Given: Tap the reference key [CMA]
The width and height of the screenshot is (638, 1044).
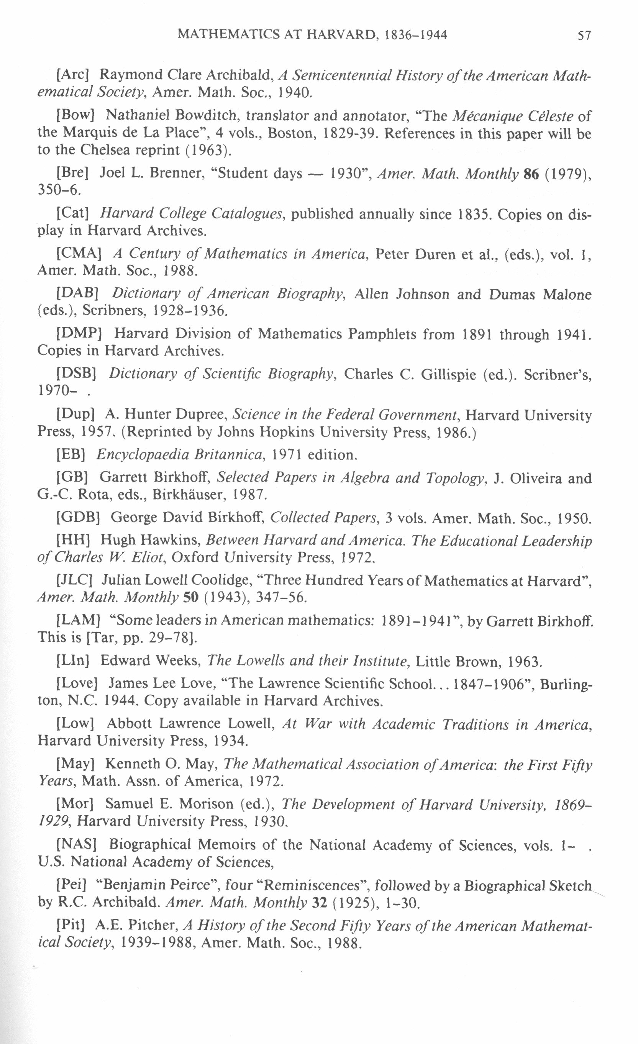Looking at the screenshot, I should coord(79,253).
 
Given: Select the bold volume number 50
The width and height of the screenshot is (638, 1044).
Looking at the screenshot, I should coord(191,597).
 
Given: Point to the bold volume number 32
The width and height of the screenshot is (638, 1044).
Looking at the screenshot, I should coord(320,903).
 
